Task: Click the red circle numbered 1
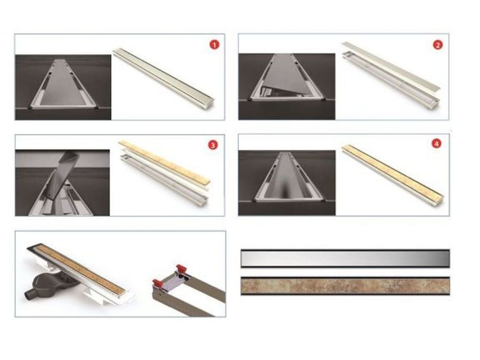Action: pyautogui.click(x=214, y=45)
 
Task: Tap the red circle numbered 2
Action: pyautogui.click(x=438, y=45)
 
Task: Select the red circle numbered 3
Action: pyautogui.click(x=213, y=145)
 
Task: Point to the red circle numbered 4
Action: pyautogui.click(x=436, y=143)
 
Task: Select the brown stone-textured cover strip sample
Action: pyautogui.click(x=345, y=286)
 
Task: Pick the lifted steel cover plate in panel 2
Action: pyautogui.click(x=391, y=66)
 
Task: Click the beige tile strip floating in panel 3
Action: pyautogui.click(x=164, y=162)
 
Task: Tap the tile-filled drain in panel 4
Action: pyautogui.click(x=393, y=172)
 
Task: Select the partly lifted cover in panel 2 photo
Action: pyautogui.click(x=283, y=77)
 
